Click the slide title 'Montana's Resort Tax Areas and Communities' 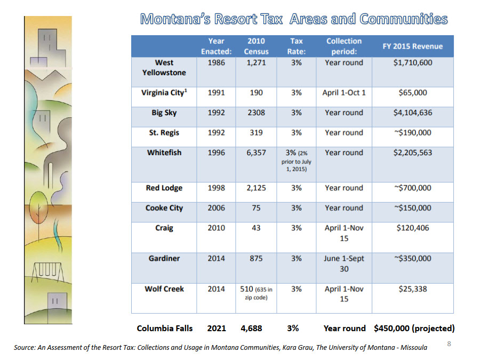pos(294,19)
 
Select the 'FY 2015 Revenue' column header pos(412,46)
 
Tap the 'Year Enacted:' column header pos(216,46)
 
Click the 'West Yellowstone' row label pos(164,68)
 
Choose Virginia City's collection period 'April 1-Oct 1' pos(344,93)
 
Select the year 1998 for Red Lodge pos(216,188)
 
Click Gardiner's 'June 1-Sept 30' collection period pos(344,263)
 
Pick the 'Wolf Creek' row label pos(164,289)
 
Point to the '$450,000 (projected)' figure pos(414,328)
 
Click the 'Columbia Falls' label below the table pos(165,328)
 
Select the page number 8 pos(449,344)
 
